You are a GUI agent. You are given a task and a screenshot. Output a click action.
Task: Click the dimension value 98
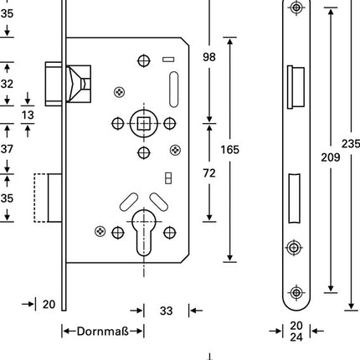(x=210, y=57)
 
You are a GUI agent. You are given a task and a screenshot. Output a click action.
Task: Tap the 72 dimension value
(x=210, y=172)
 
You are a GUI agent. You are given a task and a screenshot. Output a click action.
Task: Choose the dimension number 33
(x=166, y=311)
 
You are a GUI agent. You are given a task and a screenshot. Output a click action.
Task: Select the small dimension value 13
(x=28, y=114)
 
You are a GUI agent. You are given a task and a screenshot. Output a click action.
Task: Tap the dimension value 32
(x=8, y=84)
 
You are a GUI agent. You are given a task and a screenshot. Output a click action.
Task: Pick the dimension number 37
(x=8, y=149)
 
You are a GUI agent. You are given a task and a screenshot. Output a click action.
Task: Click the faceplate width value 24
(x=296, y=339)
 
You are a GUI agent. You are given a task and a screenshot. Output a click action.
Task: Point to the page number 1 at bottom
(x=210, y=357)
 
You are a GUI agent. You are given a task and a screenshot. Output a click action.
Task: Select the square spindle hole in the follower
(x=143, y=124)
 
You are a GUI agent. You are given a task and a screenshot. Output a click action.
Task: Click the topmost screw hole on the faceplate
(x=296, y=8)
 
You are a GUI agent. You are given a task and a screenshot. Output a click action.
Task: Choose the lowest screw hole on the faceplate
(x=296, y=292)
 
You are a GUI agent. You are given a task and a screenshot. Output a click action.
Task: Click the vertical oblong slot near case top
(x=174, y=87)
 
